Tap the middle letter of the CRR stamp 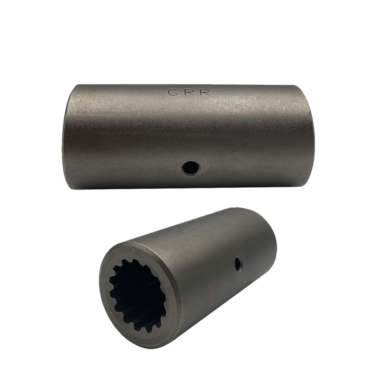tap(187, 92)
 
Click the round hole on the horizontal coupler tap(191, 167)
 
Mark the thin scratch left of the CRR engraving tap(137, 104)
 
